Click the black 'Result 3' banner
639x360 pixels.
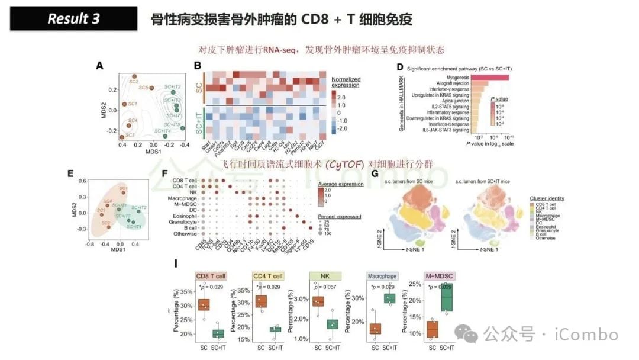74,19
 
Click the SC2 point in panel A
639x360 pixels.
135,76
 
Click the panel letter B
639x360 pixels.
198,65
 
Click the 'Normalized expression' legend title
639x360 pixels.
345,82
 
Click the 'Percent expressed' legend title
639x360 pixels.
340,217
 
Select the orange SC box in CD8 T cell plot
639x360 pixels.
204,305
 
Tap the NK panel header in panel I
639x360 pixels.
326,276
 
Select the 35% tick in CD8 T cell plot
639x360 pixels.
186,292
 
